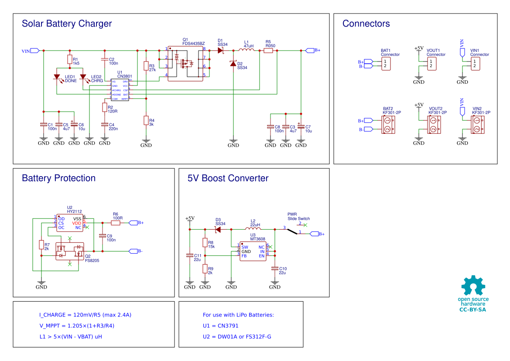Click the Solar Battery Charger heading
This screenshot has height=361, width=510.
pos(67,24)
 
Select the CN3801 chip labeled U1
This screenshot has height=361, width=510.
pos(120,90)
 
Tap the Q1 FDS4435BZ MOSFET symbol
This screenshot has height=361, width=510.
pos(185,63)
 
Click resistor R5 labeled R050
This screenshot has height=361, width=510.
pos(268,51)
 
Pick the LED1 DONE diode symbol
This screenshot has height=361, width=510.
pos(57,77)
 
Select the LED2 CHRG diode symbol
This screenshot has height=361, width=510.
pos(83,77)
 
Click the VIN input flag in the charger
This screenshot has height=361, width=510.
pos(35,51)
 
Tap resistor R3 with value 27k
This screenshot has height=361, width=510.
pos(146,66)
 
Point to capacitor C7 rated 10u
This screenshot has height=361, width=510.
pos(301,126)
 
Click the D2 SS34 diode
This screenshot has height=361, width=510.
pos(233,64)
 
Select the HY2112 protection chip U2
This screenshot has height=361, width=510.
pos(69,223)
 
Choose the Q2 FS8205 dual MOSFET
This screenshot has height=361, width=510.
pos(69,252)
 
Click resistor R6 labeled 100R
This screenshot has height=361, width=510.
pos(116,223)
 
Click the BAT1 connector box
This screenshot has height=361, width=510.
pos(386,64)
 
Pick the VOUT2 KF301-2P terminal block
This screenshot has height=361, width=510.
pos(434,125)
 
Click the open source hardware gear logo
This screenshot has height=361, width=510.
pos(473,286)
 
